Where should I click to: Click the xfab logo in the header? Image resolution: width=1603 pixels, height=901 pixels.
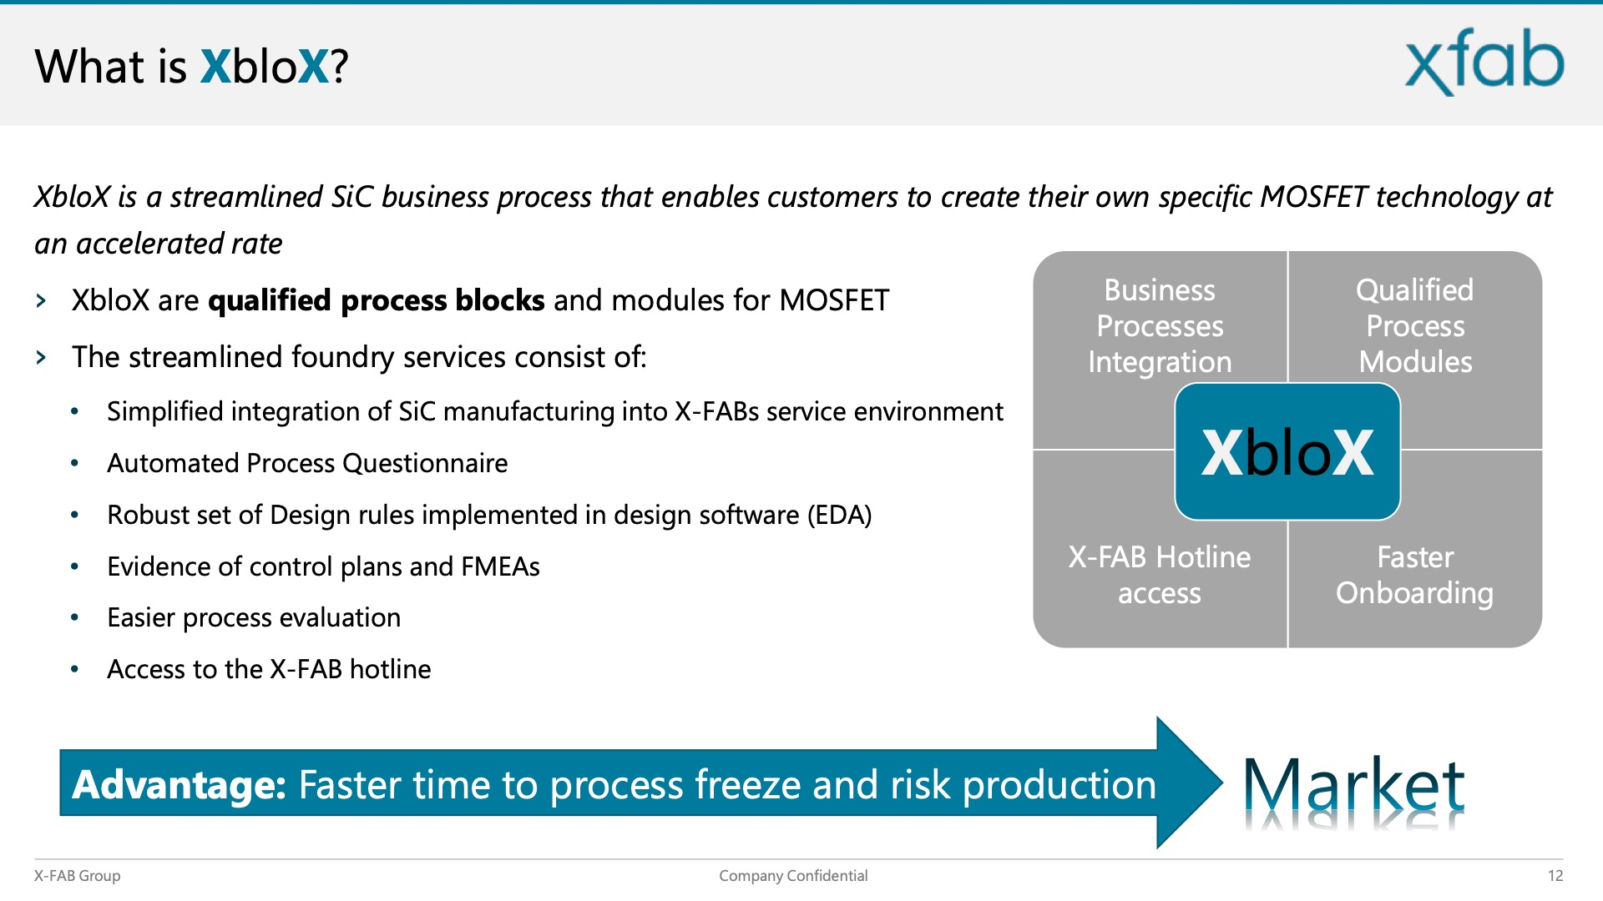[1484, 62]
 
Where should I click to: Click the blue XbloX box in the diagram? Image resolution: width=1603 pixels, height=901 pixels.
[1287, 451]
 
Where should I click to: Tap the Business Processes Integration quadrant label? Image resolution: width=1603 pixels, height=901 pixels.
[1160, 326]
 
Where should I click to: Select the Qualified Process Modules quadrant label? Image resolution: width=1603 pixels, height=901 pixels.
[1415, 326]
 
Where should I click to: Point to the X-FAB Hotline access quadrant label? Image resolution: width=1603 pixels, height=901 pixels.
[1160, 575]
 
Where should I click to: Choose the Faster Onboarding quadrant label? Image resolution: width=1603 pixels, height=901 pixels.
[1415, 575]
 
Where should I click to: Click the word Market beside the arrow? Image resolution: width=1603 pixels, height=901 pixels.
[1354, 785]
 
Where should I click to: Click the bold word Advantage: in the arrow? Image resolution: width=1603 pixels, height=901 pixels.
[180, 785]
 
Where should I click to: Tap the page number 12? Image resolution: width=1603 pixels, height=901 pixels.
[1555, 875]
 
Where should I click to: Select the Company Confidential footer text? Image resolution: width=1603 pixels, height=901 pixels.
[793, 875]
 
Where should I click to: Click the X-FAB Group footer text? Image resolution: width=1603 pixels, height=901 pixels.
[77, 875]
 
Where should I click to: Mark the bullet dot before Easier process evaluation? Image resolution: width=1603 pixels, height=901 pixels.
[75, 618]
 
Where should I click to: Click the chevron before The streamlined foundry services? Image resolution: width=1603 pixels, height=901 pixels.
[41, 358]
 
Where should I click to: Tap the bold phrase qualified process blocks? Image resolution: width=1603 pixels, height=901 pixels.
[377, 300]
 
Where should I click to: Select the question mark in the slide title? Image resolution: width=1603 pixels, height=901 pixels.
[339, 67]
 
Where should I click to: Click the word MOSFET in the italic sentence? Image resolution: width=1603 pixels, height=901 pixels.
[1313, 197]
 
